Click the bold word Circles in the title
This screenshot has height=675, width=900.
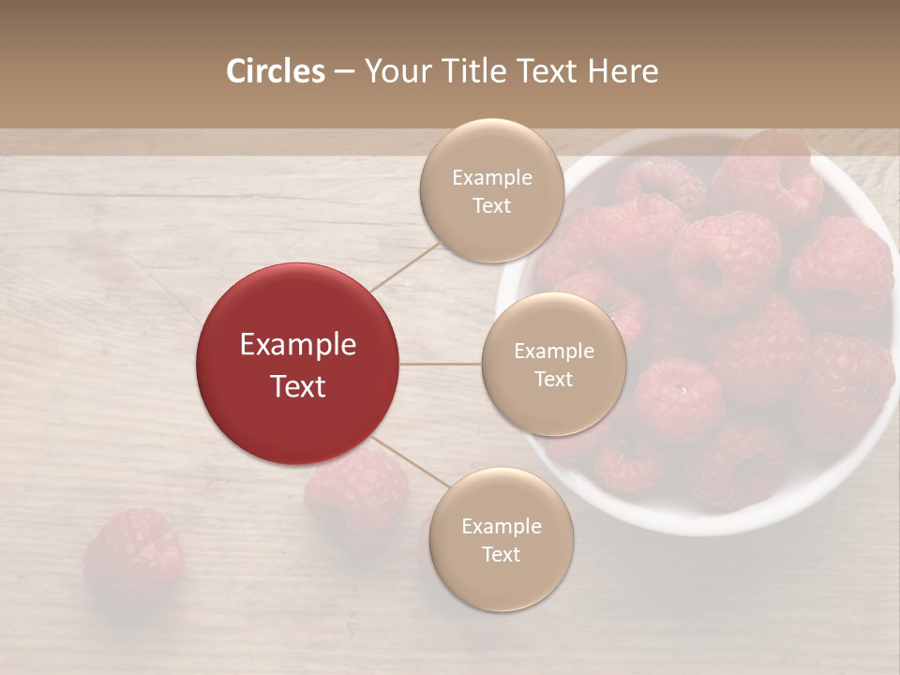click(275, 71)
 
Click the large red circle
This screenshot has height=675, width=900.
click(297, 364)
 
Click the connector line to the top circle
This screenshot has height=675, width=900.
click(405, 266)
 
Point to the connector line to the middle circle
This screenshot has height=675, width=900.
click(440, 364)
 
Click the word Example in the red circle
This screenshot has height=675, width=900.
click(298, 345)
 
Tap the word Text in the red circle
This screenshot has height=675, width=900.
click(298, 386)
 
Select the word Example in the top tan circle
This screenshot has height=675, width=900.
click(492, 178)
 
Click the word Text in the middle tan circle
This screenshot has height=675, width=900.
click(553, 379)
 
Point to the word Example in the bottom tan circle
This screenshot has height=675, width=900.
click(502, 526)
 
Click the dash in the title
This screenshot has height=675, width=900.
click(344, 71)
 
